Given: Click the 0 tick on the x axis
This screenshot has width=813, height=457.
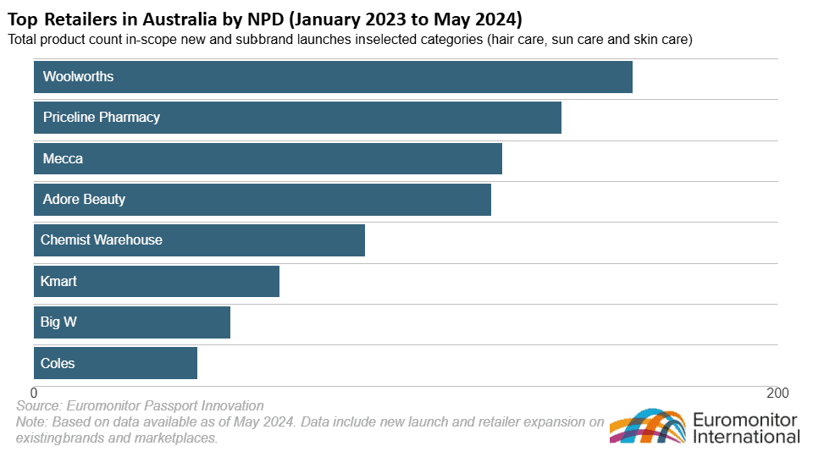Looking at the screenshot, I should coord(35,394).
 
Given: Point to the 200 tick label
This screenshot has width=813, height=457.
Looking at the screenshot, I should coord(777,394).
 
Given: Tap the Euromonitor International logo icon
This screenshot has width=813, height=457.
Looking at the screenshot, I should coord(647,427).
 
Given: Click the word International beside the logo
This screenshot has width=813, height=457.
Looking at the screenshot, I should coord(746,437).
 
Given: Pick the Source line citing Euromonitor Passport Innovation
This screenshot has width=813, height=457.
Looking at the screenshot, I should coord(140,406).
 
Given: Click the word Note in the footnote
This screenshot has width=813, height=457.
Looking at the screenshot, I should coord(31,421).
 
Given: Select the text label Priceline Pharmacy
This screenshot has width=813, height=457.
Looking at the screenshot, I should coord(102,117).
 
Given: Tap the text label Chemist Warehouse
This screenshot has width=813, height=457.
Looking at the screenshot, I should coord(102,240).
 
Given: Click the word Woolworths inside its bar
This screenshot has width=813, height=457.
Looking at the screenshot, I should coord(78,76).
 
